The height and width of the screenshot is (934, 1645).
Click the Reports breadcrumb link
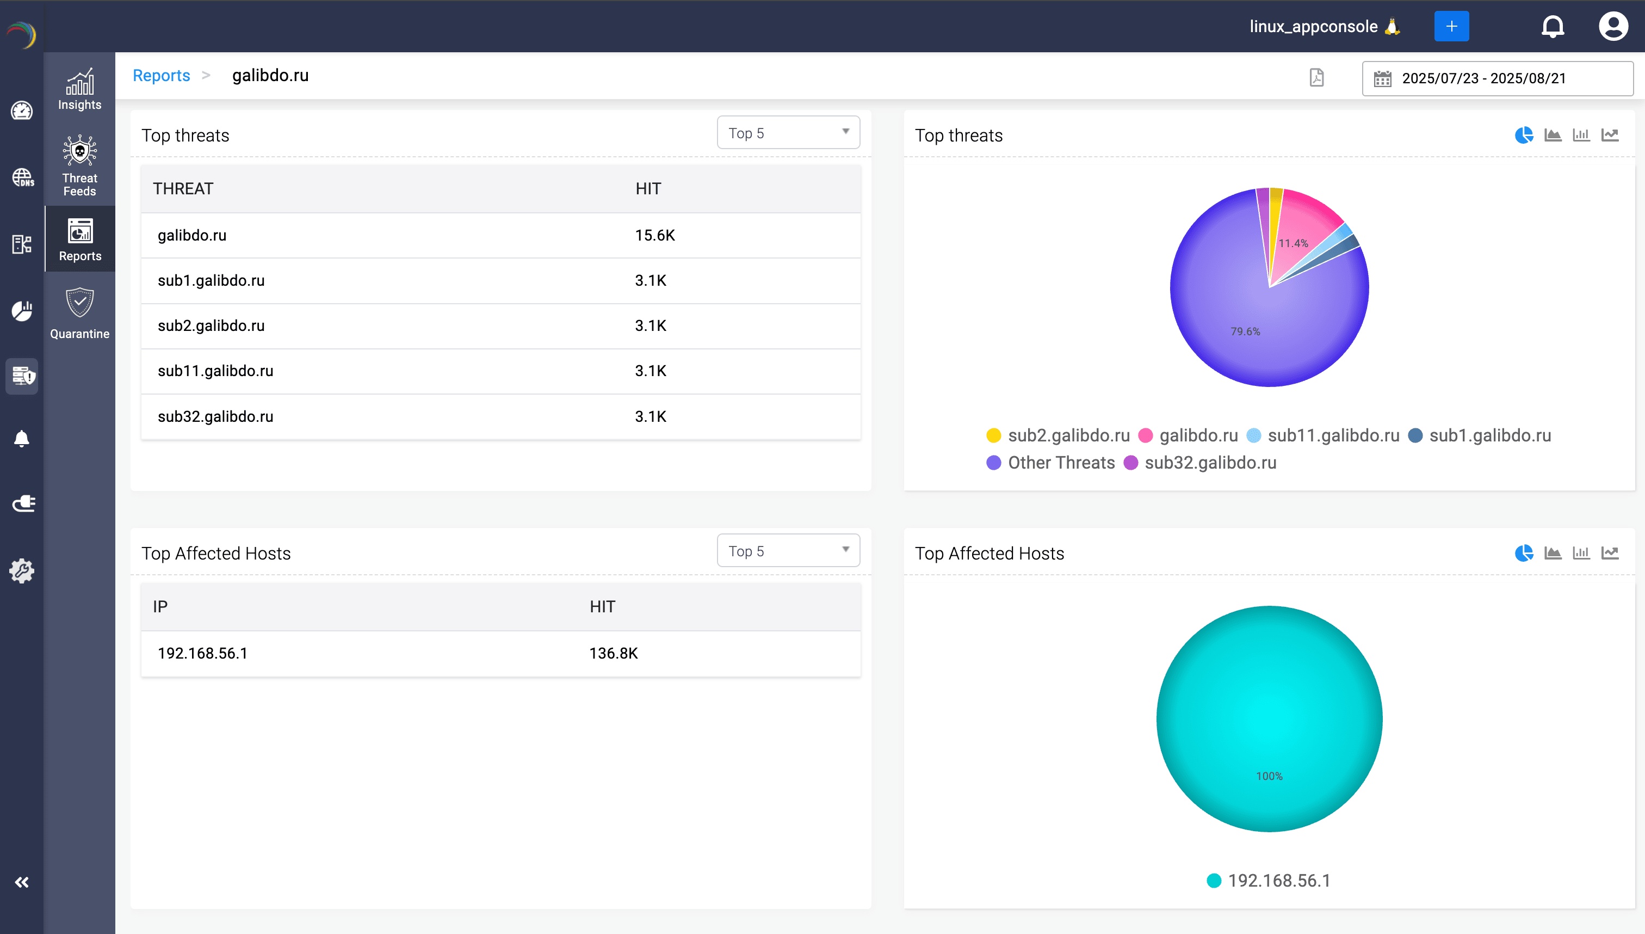point(161,76)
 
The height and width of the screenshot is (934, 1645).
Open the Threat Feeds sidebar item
point(79,165)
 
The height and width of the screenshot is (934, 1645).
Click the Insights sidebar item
point(79,89)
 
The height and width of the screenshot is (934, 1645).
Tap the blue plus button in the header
point(1451,26)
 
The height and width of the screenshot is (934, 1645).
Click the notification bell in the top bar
point(1552,26)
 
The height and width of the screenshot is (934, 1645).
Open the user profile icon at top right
point(1612,26)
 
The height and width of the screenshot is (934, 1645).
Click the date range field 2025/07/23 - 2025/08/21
point(1496,78)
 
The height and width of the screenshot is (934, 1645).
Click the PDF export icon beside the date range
point(1316,78)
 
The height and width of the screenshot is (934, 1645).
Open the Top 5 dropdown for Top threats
point(788,133)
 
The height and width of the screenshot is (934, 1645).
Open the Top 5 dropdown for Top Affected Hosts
point(788,550)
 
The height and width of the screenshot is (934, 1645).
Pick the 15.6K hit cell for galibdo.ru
point(654,236)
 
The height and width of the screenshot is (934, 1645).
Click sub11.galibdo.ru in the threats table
point(215,371)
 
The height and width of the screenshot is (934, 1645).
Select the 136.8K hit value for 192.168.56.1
point(613,653)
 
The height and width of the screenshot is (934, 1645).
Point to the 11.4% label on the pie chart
point(1292,243)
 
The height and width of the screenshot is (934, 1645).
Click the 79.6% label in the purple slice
point(1245,331)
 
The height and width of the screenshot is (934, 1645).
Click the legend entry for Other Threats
point(1060,463)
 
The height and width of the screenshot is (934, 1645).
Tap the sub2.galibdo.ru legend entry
point(1068,435)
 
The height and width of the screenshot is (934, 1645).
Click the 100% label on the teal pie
point(1269,776)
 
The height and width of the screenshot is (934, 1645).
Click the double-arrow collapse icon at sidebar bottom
point(22,882)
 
